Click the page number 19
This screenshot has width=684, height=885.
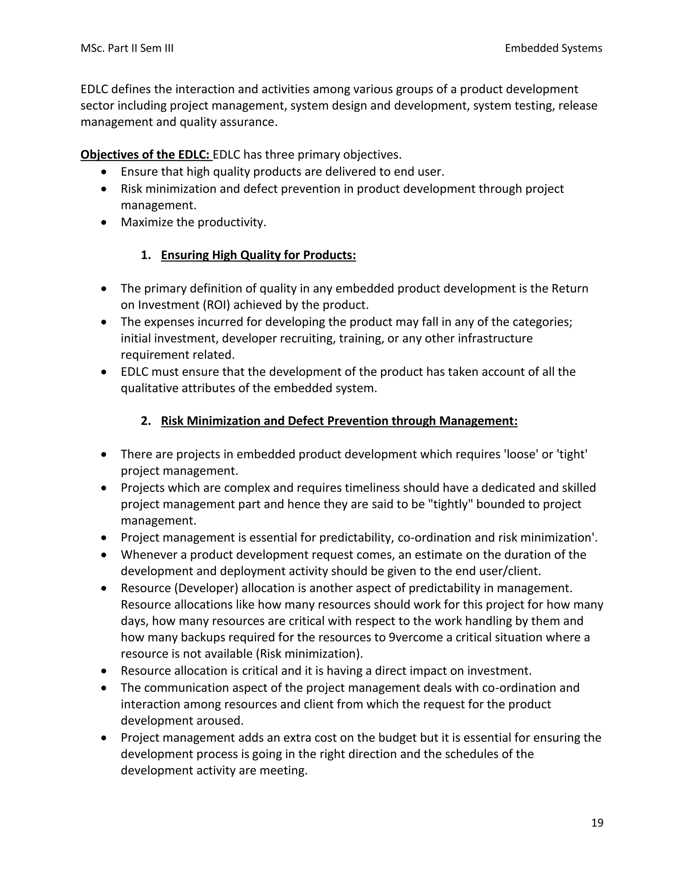(597, 823)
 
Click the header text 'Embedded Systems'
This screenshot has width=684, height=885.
(553, 48)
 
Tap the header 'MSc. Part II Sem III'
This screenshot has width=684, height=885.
(127, 48)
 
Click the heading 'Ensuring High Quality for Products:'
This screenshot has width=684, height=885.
(258, 255)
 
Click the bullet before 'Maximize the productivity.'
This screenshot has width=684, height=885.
(105, 222)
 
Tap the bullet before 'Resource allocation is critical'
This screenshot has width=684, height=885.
(105, 671)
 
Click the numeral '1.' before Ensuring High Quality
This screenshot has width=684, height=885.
(146, 255)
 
